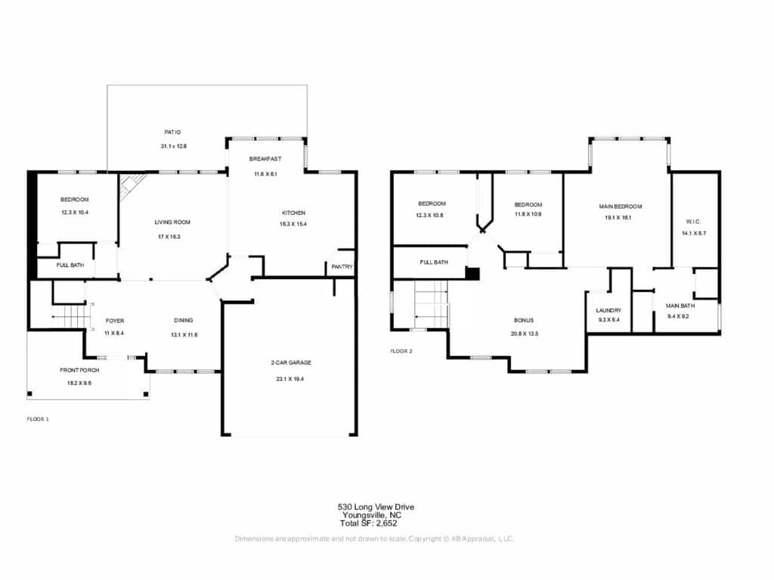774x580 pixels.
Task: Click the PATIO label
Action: tap(172, 132)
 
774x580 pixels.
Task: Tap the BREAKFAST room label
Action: tap(265, 159)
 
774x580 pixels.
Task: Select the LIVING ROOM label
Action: tap(172, 222)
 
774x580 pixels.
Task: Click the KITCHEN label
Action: tap(293, 213)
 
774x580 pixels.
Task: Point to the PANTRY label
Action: tap(342, 267)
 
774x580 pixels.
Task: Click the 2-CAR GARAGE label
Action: tap(291, 363)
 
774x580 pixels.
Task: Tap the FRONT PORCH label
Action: tap(79, 370)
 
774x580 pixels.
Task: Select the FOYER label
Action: tap(115, 321)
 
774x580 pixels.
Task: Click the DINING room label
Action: tap(183, 320)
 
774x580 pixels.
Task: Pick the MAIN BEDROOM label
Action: tap(621, 206)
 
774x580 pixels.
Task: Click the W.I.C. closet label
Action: tap(694, 222)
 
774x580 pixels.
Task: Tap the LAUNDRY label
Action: tap(608, 310)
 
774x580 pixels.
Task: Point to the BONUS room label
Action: tap(523, 320)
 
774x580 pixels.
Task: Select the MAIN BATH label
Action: tap(680, 306)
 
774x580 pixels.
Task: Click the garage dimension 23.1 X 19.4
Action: tap(290, 379)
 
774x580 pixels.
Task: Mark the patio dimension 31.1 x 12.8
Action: tap(173, 146)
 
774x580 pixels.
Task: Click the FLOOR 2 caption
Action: tap(401, 352)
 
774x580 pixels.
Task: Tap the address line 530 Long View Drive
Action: tap(376, 507)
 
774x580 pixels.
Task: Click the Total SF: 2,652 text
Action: tap(368, 523)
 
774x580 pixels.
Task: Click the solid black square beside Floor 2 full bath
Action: tap(473, 274)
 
